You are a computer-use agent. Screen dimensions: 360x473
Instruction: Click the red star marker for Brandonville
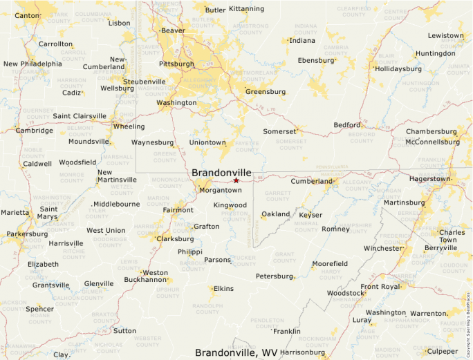pos(236,180)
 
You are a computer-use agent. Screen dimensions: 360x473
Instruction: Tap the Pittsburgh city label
pos(176,64)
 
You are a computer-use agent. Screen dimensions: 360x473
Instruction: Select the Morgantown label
pos(220,190)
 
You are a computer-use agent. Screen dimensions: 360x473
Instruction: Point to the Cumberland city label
pos(312,181)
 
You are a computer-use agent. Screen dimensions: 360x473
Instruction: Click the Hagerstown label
pos(429,178)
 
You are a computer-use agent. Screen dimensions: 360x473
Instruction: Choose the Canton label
pos(27,15)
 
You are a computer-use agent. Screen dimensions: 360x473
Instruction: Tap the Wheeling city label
pos(129,126)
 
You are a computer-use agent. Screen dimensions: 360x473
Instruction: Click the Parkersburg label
pos(27,234)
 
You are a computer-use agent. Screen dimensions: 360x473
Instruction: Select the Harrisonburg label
pos(302,352)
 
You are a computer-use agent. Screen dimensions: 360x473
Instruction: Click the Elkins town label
pos(223,288)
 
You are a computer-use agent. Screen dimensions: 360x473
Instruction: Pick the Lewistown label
pos(445,35)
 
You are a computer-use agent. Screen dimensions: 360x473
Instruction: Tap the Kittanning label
pos(246,9)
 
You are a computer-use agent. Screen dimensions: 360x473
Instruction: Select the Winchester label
pos(382,248)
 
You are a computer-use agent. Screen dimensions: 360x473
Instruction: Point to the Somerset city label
pos(279,131)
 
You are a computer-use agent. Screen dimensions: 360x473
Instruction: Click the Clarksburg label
pos(175,239)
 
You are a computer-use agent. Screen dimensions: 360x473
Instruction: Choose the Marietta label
pos(14,213)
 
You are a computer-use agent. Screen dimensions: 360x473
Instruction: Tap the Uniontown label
pos(207,142)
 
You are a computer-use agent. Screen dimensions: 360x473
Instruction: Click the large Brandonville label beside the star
pos(221,172)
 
